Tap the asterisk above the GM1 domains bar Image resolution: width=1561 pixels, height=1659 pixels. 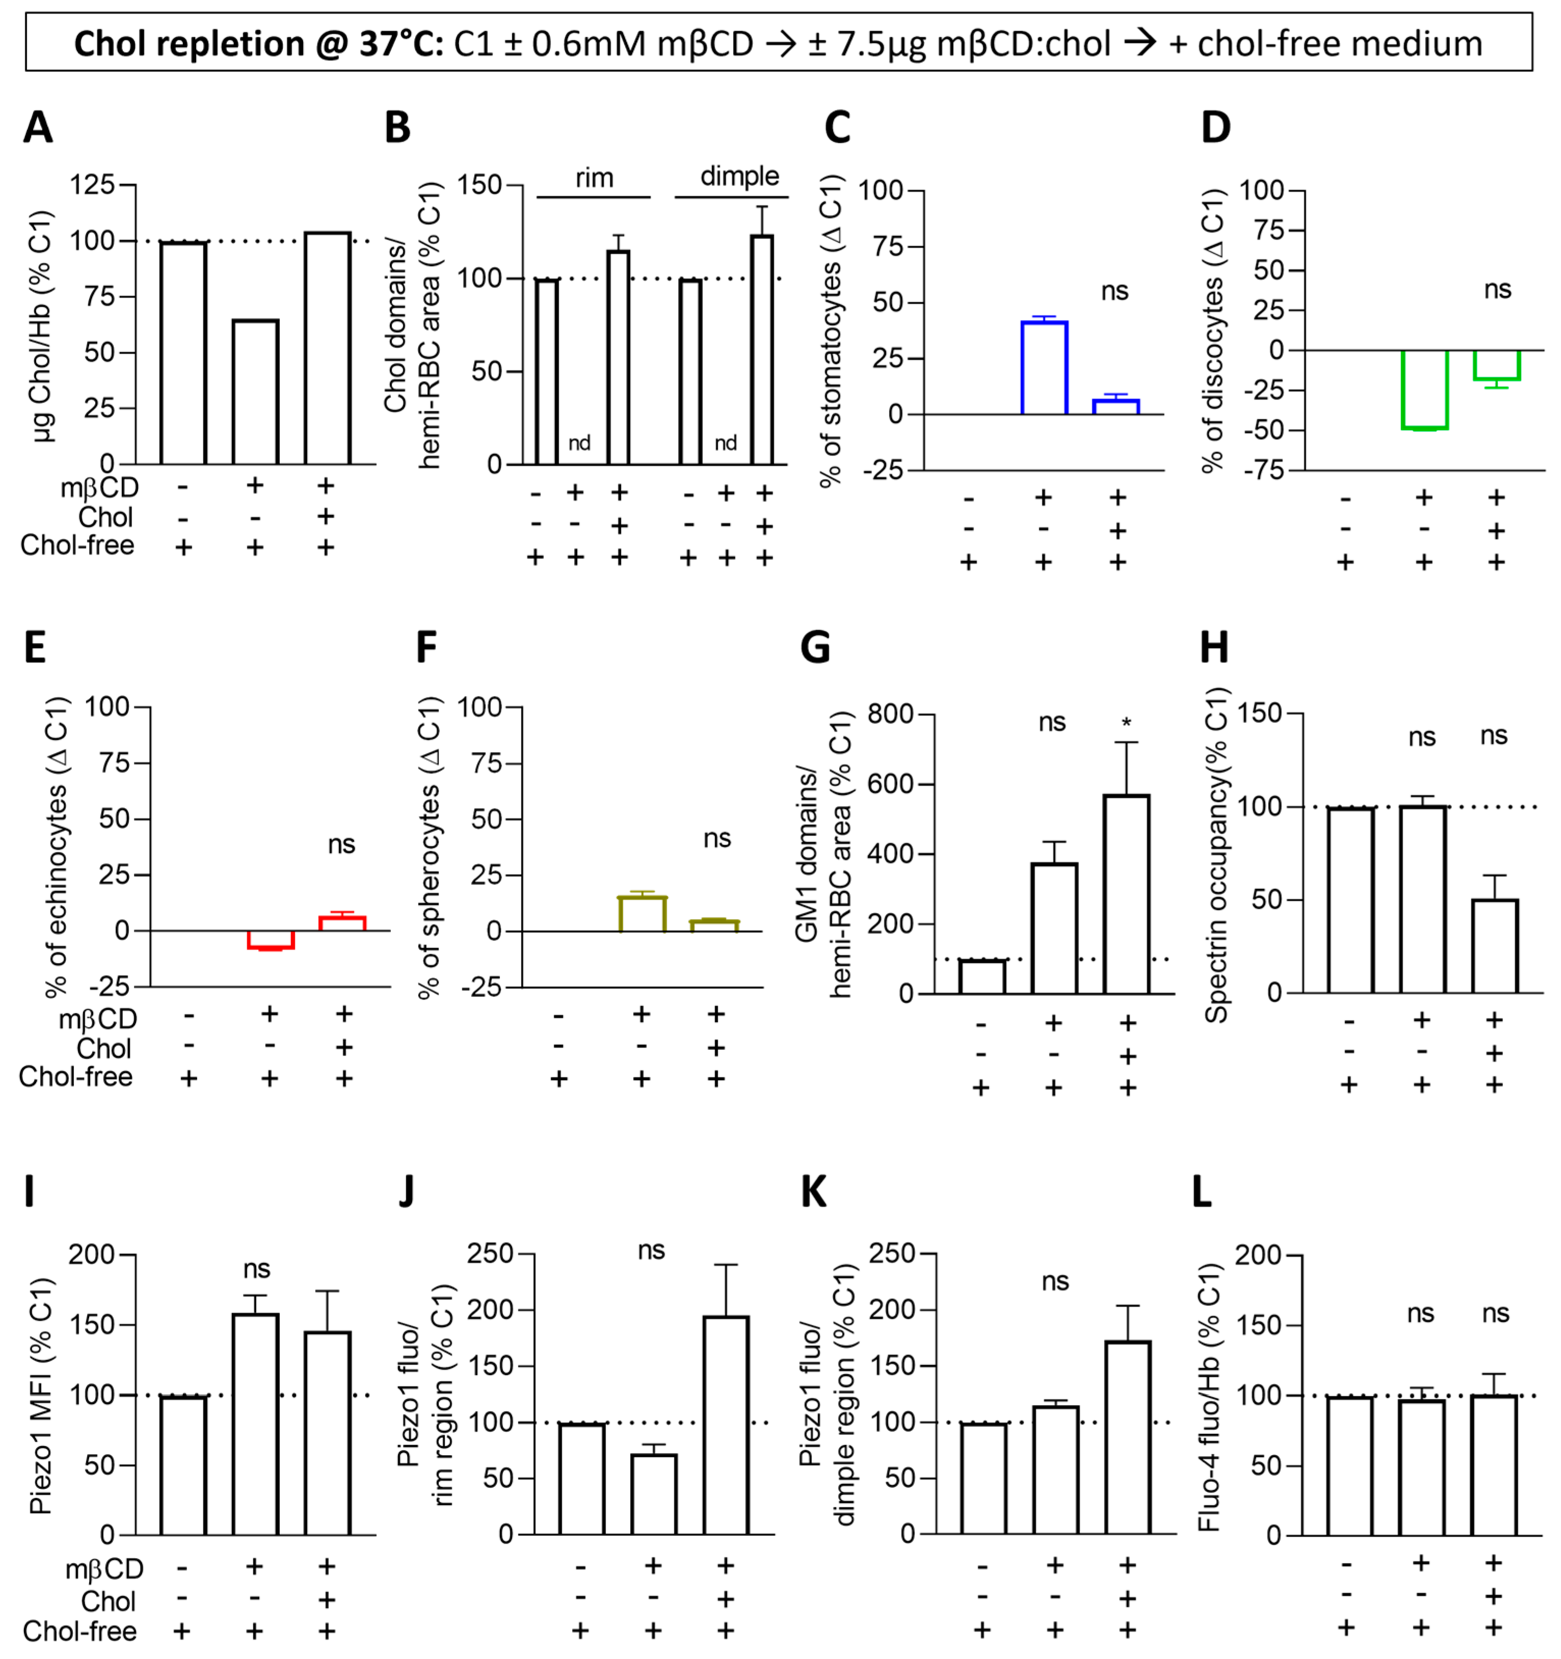tap(1126, 723)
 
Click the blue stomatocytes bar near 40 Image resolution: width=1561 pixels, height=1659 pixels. tap(1044, 367)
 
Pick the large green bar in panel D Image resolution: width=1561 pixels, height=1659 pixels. tap(1424, 390)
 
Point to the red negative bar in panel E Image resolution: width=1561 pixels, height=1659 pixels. tap(271, 940)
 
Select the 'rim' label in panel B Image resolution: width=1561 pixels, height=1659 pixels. tap(594, 178)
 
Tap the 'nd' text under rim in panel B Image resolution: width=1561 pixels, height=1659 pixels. tap(579, 443)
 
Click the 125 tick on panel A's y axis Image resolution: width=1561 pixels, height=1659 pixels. tap(92, 184)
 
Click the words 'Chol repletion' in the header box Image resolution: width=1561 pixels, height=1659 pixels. tap(189, 43)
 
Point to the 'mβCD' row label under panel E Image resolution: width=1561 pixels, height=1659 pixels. tap(98, 1019)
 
